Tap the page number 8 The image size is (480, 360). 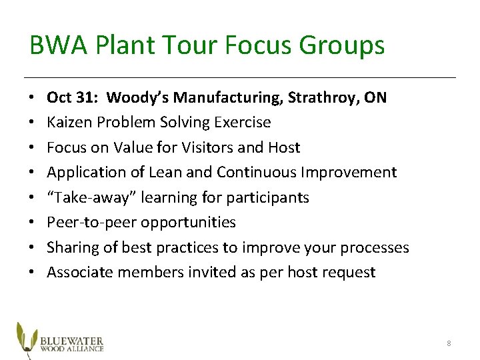pos(449,343)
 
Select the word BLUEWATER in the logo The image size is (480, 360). pos(72,338)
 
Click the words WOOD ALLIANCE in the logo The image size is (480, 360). pos(72,347)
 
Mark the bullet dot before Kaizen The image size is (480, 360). pos(33,123)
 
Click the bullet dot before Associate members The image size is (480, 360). pos(33,272)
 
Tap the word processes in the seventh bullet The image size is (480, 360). pos(374,247)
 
